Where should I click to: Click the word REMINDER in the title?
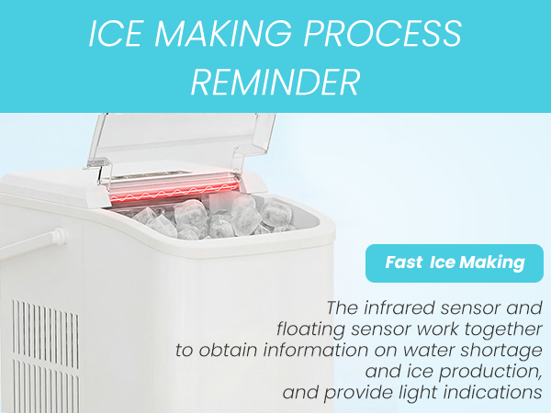point(275,82)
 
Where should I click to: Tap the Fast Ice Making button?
point(455,262)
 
